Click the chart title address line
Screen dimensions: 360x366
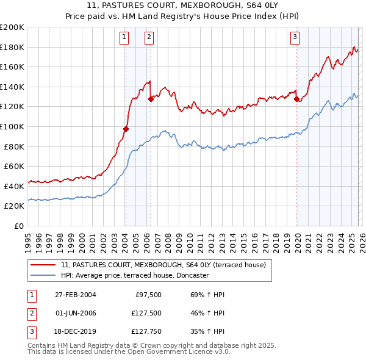[x=183, y=6]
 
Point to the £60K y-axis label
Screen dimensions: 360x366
[x=14, y=166]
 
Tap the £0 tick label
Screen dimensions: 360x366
[x=19, y=226]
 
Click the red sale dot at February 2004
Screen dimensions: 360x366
[x=126, y=129]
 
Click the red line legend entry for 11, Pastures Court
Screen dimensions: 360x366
[x=163, y=265]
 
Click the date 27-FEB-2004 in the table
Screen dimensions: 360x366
[x=75, y=295]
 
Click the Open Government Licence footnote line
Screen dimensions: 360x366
[x=129, y=352]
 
